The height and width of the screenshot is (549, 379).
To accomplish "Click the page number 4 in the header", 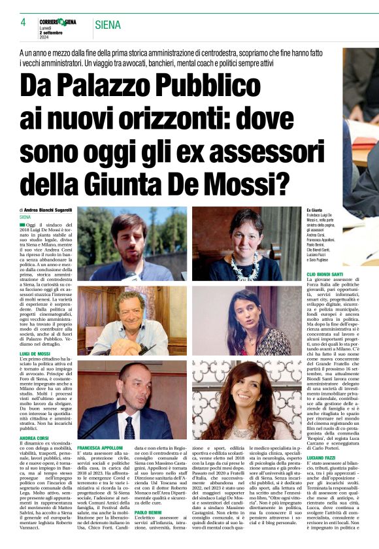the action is (23, 22).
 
